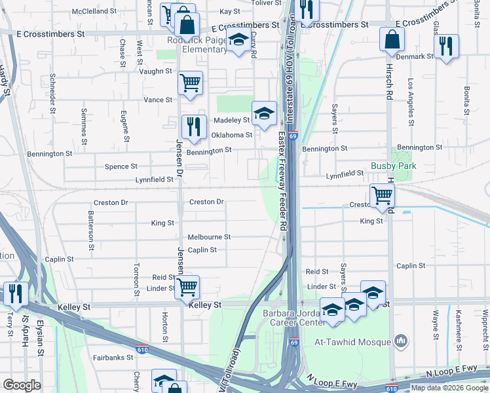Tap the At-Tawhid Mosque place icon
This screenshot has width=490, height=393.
402,341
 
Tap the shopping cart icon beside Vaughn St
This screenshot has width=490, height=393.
190,83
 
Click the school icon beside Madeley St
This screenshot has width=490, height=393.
264,113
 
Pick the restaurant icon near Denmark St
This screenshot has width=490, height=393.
446,45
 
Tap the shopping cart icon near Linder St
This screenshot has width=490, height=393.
187,286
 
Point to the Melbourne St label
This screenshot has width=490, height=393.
209,237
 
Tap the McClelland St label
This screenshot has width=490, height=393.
94,12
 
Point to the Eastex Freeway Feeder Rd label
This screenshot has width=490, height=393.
282,181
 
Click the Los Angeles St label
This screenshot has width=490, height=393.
411,102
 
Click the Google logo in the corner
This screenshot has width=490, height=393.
22,385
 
